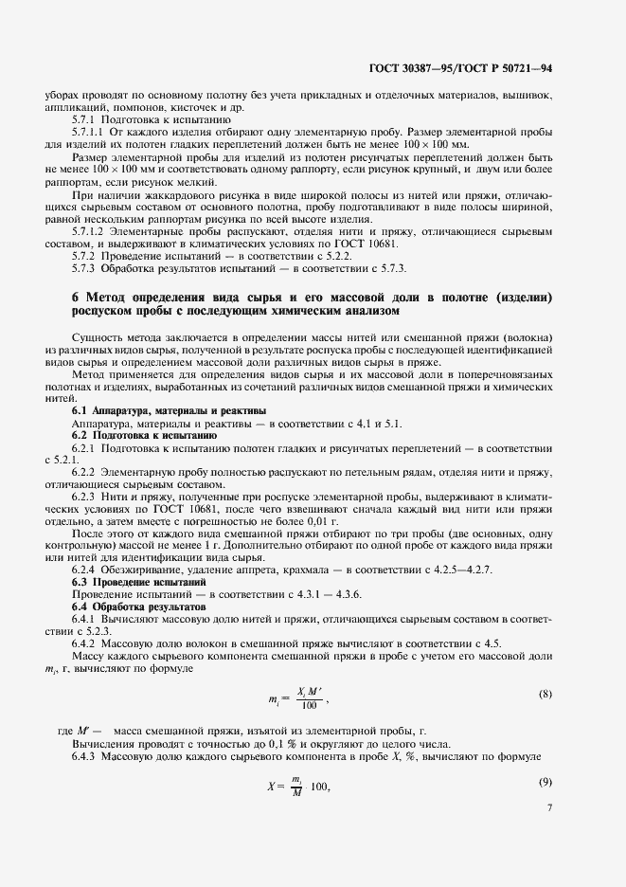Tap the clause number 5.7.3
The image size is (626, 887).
point(86,268)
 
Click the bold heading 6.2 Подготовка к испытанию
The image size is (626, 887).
point(146,433)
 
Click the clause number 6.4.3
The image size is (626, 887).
point(86,758)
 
